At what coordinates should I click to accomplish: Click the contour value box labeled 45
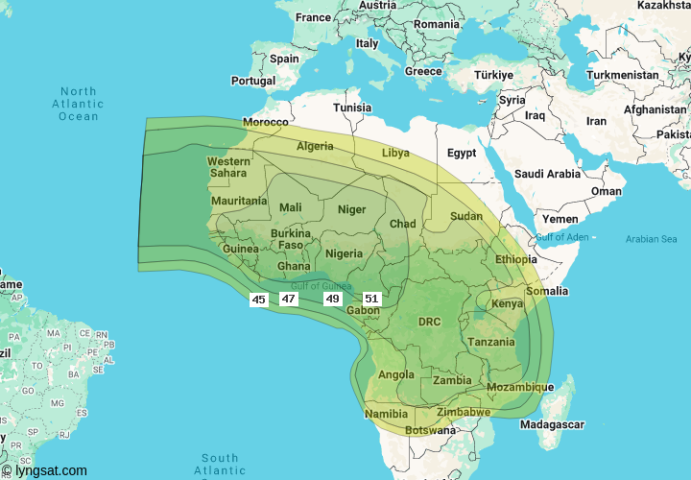coord(258,300)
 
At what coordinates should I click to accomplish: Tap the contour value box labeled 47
coord(288,299)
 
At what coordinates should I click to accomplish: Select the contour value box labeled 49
coord(333,299)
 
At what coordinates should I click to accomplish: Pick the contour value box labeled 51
coord(371,299)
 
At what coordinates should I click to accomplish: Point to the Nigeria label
coord(343,253)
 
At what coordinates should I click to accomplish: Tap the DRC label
coord(429,322)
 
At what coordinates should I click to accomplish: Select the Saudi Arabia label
coord(547,174)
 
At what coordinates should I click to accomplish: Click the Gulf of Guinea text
coord(322,285)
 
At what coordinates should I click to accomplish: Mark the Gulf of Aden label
coord(562,237)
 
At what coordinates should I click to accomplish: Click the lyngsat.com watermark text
coord(46,471)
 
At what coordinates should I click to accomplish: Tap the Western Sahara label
coord(228,167)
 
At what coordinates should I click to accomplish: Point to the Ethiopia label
coord(516,259)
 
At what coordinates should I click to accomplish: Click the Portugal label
coord(252,82)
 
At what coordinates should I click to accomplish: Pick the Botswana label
coord(430,430)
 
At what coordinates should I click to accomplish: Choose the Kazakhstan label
coord(663,6)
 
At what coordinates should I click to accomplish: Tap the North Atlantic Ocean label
coord(78,104)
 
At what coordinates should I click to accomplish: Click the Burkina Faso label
coord(290,239)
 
